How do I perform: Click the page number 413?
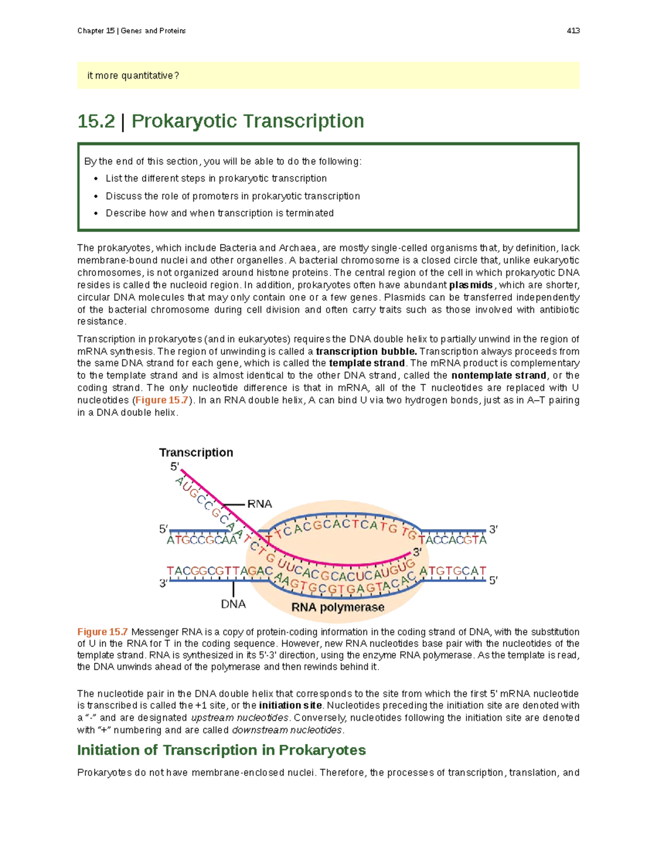(573, 31)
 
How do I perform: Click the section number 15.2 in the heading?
(96, 121)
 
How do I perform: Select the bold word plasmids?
(471, 285)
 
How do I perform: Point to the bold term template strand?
(367, 363)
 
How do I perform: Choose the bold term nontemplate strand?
(499, 375)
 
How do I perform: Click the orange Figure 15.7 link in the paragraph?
(162, 400)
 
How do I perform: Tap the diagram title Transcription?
(196, 452)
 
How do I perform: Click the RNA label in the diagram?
(260, 504)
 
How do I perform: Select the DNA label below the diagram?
(233, 604)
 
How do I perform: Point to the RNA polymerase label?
(338, 607)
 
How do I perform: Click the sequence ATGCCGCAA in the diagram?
(202, 540)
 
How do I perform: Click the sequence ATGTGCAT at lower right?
(452, 571)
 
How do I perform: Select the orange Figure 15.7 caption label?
(102, 632)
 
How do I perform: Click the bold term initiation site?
(291, 706)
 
